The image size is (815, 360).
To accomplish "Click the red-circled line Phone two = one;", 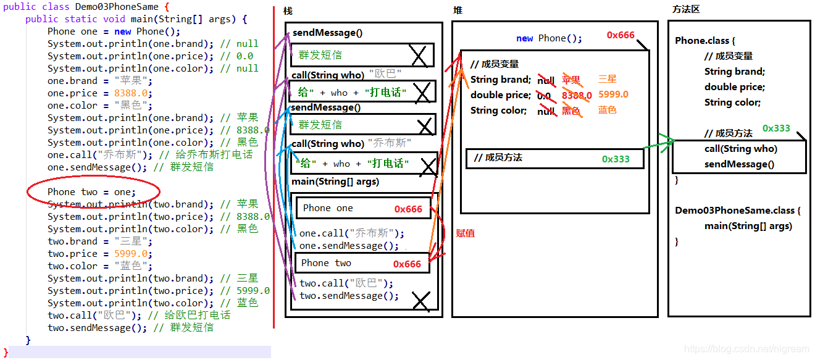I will coord(91,192).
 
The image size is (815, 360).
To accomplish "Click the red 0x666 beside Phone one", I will coord(408,209).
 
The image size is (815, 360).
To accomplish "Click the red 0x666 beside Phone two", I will coord(407,264).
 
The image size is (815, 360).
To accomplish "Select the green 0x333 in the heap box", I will coord(616,159).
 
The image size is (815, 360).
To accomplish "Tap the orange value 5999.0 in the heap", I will coord(613,94).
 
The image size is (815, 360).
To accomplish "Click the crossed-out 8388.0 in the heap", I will coord(576,96).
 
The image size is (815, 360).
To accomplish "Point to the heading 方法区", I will coord(686,9).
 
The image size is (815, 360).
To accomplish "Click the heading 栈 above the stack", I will coord(288,11).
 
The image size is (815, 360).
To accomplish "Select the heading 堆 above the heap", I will coord(458,10).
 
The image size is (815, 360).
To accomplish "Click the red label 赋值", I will coord(465,233).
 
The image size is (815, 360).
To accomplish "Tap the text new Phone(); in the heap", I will coord(549,38).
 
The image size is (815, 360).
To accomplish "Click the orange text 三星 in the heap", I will coord(607,79).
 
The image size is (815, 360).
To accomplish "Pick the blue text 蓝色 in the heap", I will coord(607,110).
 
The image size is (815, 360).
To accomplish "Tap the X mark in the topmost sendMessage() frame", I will coord(419,56).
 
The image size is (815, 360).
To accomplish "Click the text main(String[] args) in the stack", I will coord(335,182).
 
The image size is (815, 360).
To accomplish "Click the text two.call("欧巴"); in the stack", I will coord(346,283).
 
